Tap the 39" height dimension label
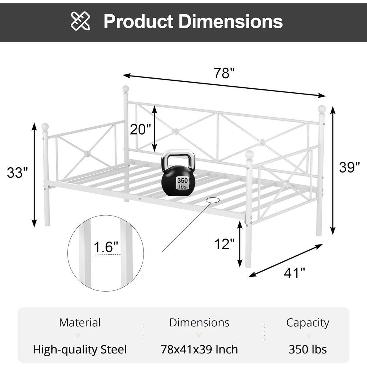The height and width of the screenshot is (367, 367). tap(349, 167)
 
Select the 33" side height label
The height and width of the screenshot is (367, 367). tap(17, 173)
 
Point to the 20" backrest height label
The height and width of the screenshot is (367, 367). tap(140, 129)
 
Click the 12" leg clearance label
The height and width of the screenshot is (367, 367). tap(224, 244)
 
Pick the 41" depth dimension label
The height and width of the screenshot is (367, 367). tap(295, 273)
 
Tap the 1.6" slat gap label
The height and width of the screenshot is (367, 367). tap(106, 247)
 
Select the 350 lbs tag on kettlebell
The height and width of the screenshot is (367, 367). tap(183, 183)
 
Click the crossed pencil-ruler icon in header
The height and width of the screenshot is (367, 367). tap(80, 21)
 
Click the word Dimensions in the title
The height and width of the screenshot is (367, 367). tap(231, 21)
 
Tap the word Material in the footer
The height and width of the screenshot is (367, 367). tap(80, 322)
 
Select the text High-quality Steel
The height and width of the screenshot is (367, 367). tap(80, 349)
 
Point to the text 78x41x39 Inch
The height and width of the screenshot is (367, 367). tap(199, 349)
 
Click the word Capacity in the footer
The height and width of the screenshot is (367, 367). tap(307, 322)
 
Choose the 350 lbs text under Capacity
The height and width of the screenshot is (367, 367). tap(307, 349)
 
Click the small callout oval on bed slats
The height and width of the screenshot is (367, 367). tap(213, 200)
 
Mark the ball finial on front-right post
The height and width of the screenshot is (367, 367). tap(250, 154)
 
